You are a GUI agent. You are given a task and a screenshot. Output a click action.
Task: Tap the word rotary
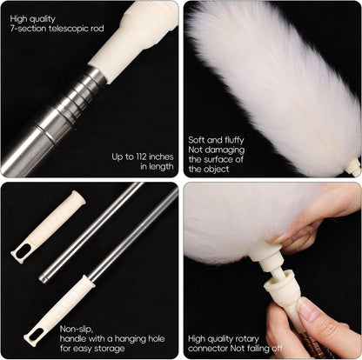click(x=245, y=338)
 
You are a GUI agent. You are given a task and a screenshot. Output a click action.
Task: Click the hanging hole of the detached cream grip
click(x=27, y=249)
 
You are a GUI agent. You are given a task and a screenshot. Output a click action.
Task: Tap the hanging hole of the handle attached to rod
click(x=39, y=330)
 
